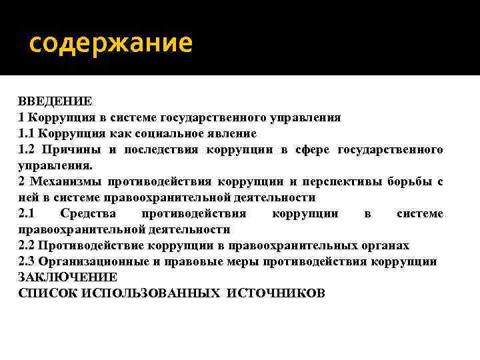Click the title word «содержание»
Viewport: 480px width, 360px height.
(111, 44)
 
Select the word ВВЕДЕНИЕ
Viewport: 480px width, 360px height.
(55, 101)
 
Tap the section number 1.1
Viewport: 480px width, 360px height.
(27, 133)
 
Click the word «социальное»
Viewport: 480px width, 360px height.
(173, 133)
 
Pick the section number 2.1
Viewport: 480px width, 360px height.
(27, 213)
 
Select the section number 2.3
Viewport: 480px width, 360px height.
(27, 261)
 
